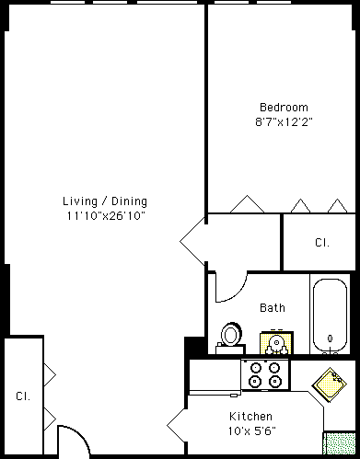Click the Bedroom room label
click(284, 108)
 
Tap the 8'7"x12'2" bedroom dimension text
click(284, 122)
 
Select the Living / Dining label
click(105, 201)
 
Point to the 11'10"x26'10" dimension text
click(106, 215)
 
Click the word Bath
click(273, 307)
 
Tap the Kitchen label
click(250, 417)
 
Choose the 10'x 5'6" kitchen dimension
click(251, 431)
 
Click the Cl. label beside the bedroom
click(322, 243)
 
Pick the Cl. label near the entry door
click(23, 396)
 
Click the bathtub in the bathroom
click(330, 316)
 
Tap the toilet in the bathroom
click(231, 339)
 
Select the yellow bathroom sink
click(276, 342)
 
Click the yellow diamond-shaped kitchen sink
click(330, 384)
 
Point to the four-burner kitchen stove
click(265, 375)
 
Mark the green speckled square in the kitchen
click(340, 443)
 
